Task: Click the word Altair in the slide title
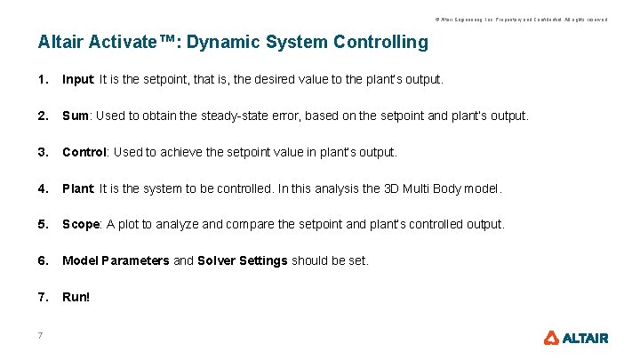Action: tap(61, 42)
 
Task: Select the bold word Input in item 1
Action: tap(77, 80)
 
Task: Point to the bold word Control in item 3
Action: tap(84, 152)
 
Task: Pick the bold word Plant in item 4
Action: tap(77, 188)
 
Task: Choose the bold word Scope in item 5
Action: tap(81, 224)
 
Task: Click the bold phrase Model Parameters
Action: tap(116, 260)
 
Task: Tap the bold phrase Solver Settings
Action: tap(243, 260)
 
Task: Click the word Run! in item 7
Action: tap(76, 297)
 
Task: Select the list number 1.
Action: tap(43, 80)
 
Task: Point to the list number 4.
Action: tap(43, 188)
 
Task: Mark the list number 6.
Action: tap(43, 260)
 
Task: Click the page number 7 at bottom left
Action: tap(41, 335)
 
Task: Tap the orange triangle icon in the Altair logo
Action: tap(551, 338)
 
